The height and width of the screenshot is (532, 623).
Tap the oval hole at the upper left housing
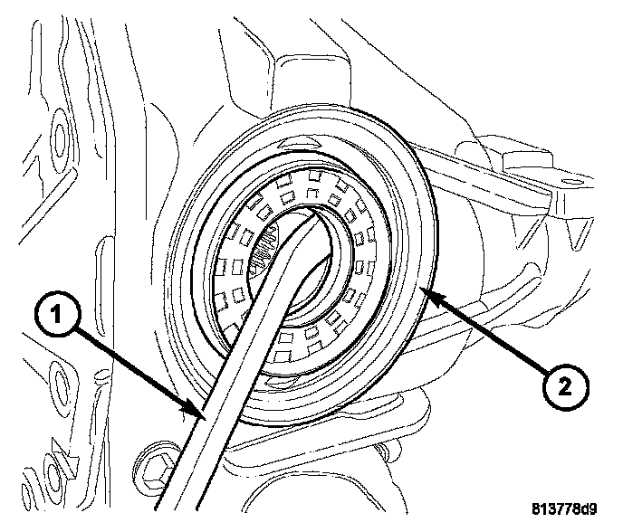(59, 137)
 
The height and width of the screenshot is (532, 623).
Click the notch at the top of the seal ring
(304, 144)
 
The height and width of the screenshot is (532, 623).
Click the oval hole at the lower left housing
(62, 379)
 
